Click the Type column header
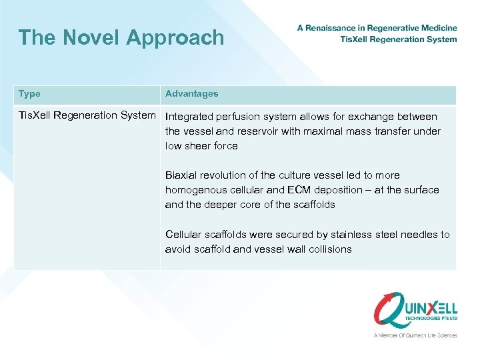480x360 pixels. click(x=29, y=94)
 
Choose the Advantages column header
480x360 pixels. click(x=191, y=94)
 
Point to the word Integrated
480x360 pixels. click(x=189, y=117)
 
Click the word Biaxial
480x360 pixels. click(x=181, y=175)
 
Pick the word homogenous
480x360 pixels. click(x=196, y=190)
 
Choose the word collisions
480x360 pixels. click(x=328, y=249)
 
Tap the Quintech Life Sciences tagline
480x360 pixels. click(x=415, y=335)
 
